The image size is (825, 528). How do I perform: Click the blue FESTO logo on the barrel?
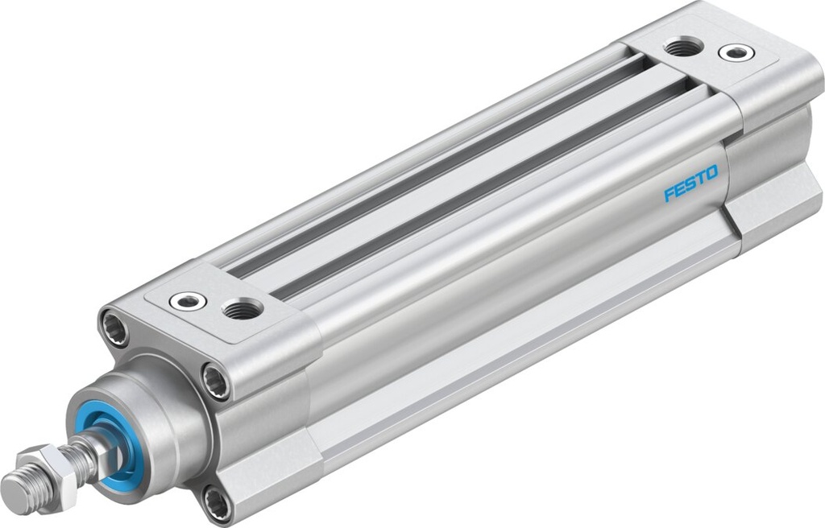coord(690,189)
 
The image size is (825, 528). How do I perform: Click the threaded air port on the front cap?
coord(242,308)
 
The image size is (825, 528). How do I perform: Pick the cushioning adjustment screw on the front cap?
coord(187,301)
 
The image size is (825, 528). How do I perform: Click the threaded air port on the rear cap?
coord(682,47)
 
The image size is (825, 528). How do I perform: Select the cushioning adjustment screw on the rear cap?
coord(736,53)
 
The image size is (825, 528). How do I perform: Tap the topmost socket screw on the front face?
coord(114,328)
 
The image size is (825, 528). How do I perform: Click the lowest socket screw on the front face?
coord(216,505)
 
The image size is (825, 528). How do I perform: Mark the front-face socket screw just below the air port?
coord(216,381)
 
